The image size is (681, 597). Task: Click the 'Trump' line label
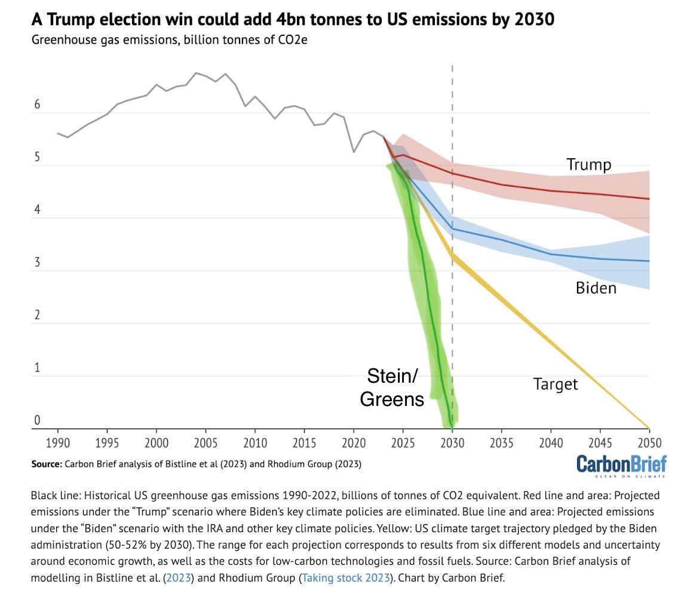(588, 165)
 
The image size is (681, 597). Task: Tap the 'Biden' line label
(596, 288)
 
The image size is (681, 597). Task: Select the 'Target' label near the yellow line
(556, 384)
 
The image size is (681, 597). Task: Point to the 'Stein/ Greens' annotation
(392, 387)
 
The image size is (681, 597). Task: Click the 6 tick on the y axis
(37, 105)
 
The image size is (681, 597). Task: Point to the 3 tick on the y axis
(37, 263)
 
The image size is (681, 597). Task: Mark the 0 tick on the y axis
(37, 420)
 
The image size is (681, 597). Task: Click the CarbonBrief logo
(621, 464)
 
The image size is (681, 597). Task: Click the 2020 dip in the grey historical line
(354, 152)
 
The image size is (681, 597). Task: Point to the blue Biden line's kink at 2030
(452, 229)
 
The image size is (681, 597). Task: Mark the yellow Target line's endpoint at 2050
(649, 428)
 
